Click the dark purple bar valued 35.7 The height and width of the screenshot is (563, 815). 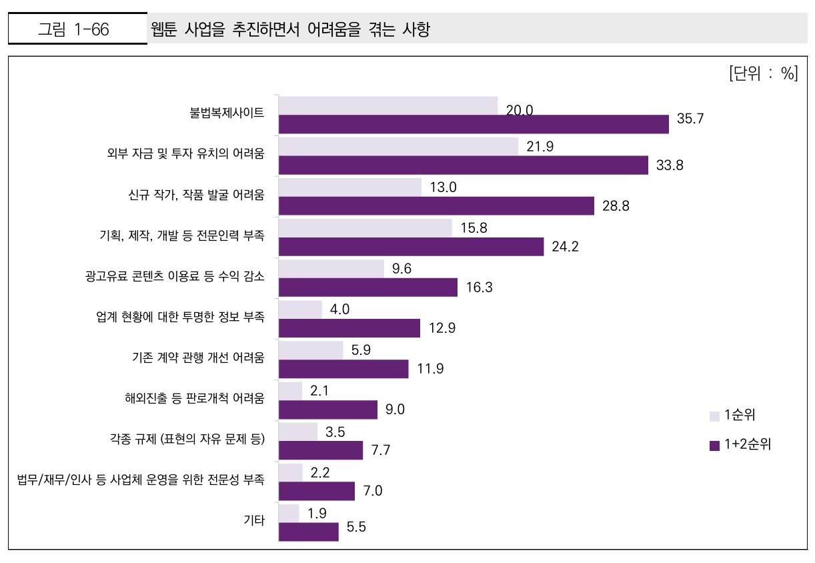(x=474, y=124)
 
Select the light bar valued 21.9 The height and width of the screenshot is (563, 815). (x=398, y=147)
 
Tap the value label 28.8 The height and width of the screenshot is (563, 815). (x=616, y=206)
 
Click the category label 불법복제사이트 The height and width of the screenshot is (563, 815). (x=227, y=113)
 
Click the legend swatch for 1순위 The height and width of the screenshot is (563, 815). (x=714, y=416)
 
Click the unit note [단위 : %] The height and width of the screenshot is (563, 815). (x=763, y=73)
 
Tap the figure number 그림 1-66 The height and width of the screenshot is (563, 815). (x=74, y=29)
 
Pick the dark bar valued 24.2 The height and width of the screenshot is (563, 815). (x=411, y=247)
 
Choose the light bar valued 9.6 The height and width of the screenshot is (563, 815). (x=331, y=269)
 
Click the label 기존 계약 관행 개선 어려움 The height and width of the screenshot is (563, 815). (x=198, y=358)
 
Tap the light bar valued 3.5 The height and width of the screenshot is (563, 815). (x=297, y=432)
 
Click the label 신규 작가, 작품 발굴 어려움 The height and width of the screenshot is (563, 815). (x=196, y=195)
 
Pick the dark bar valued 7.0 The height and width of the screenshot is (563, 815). (x=316, y=491)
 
